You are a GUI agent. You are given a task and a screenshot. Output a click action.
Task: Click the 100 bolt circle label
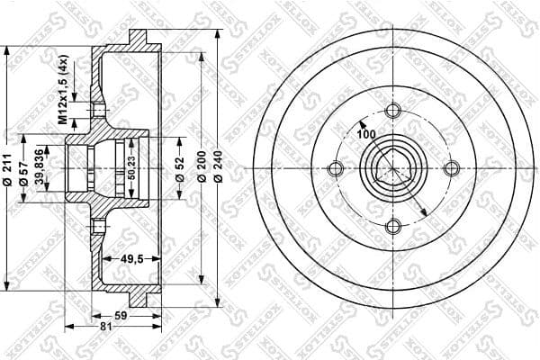[366, 134]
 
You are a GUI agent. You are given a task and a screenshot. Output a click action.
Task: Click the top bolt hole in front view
[392, 111]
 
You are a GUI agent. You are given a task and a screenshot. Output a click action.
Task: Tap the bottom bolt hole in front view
[392, 226]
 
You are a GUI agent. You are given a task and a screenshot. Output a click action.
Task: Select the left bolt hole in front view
[336, 168]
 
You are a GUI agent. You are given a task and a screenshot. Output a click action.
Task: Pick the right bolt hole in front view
[451, 168]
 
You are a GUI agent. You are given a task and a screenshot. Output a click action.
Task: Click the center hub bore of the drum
[392, 168]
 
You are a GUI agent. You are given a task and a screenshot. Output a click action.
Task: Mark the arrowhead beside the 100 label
[360, 123]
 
